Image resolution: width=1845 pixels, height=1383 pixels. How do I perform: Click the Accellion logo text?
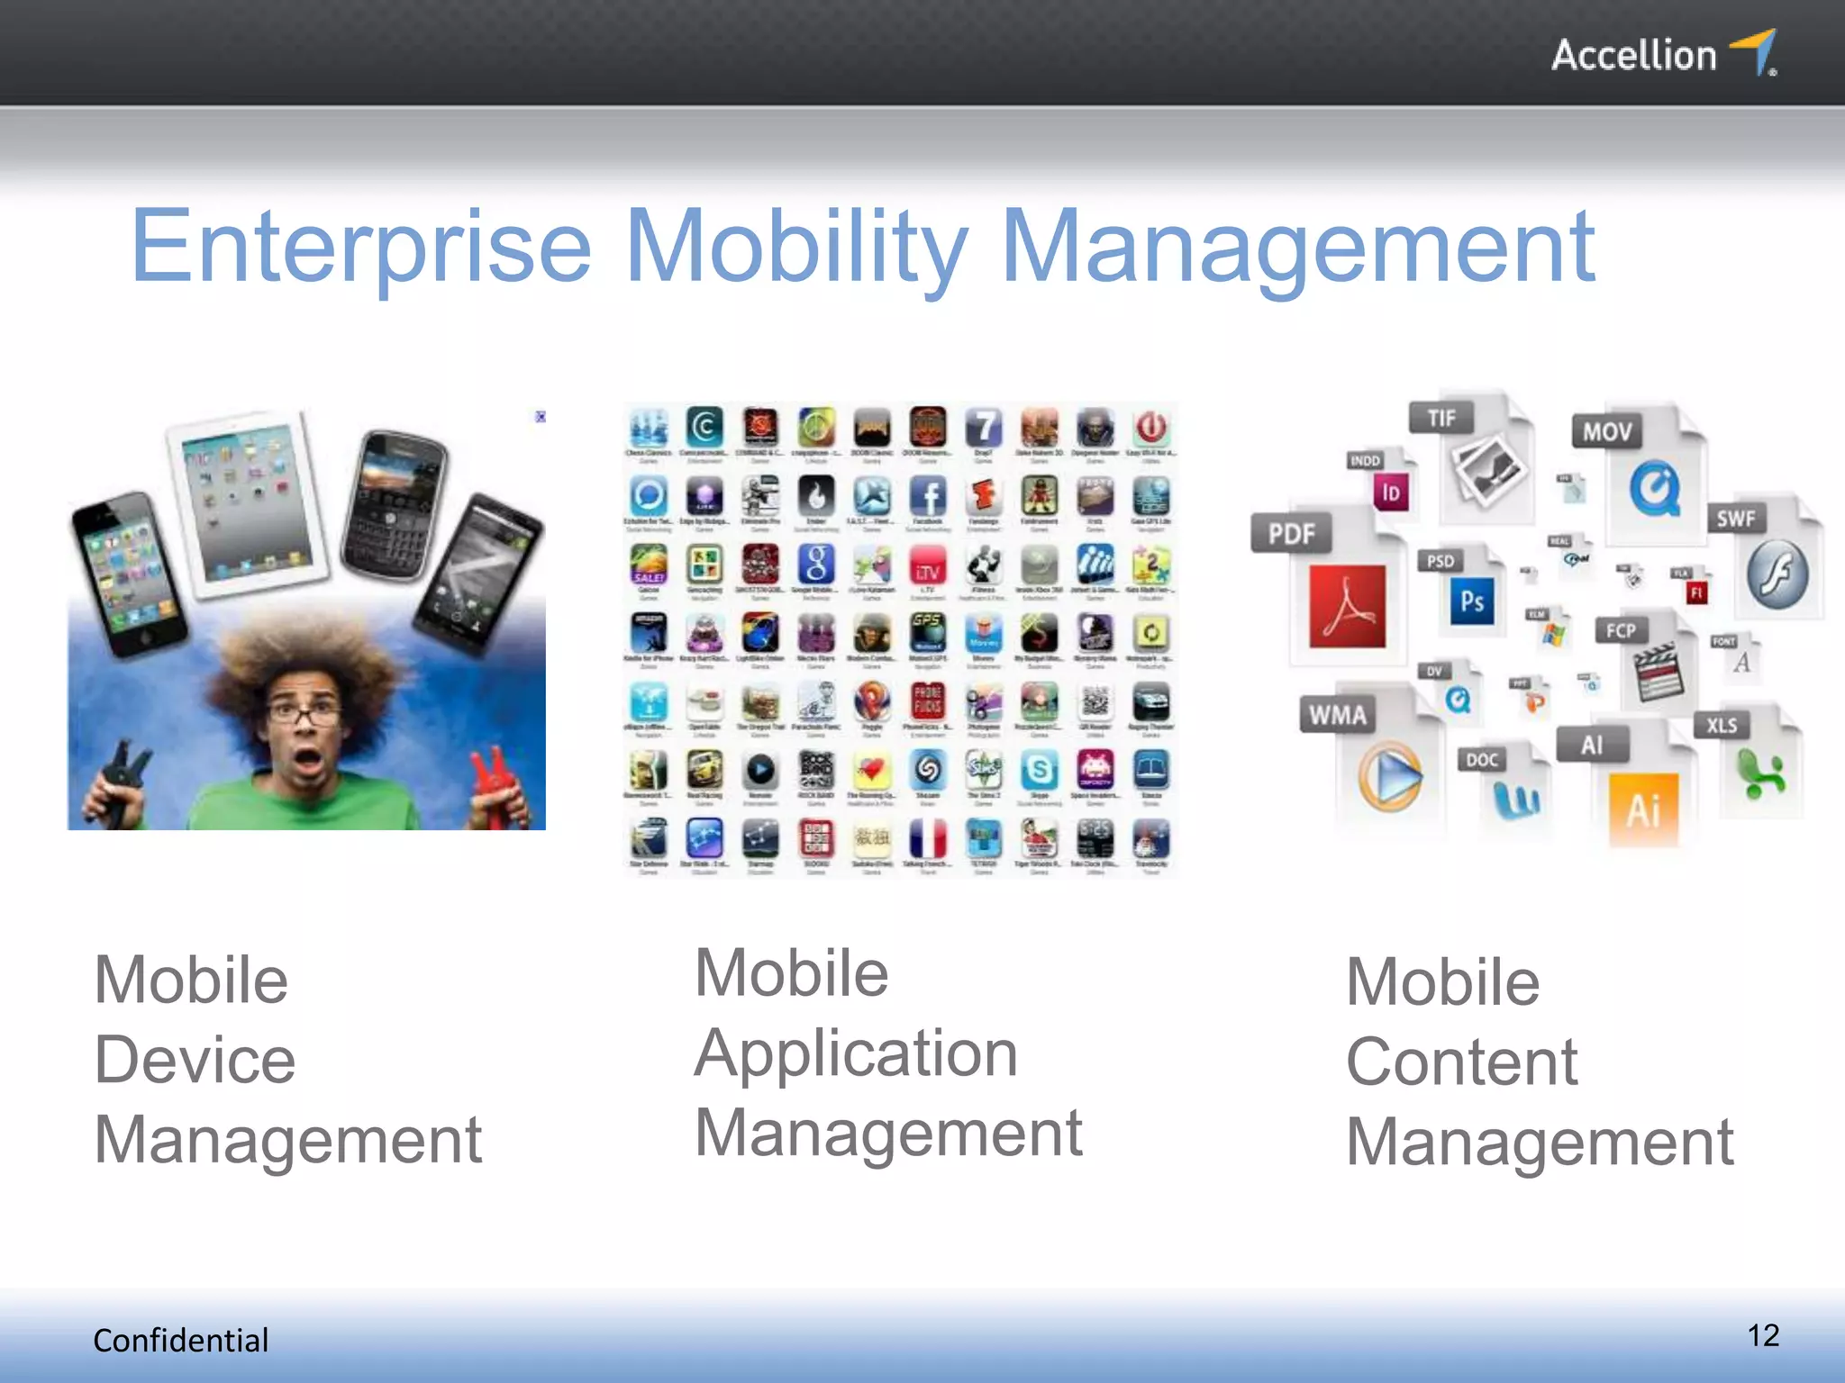tap(1633, 56)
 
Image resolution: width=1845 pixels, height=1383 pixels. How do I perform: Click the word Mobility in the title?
tap(796, 247)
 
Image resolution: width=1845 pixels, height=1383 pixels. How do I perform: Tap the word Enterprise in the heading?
tap(360, 247)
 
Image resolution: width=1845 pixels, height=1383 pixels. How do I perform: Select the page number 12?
tap(1763, 1335)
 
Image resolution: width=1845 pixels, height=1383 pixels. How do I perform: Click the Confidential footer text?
tap(180, 1341)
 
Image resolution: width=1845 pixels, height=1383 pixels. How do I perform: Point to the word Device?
tap(195, 1060)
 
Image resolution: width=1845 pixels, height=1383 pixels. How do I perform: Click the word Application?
tap(856, 1053)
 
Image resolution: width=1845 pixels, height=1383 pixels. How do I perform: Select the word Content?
tap(1461, 1062)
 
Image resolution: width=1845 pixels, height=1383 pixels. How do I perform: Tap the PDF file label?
tap(1291, 534)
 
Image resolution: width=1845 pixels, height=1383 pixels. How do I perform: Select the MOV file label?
tap(1606, 432)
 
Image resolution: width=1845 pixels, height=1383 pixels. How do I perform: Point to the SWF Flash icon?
tap(1777, 574)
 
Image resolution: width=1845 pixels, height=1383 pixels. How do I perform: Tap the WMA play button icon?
tap(1390, 776)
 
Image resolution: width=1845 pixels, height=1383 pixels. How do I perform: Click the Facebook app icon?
tap(928, 496)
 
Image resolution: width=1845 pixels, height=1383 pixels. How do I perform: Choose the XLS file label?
tap(1721, 726)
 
